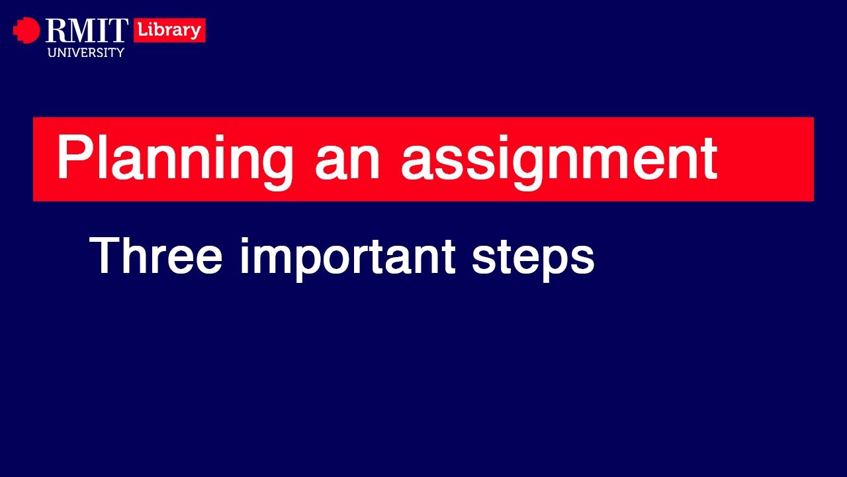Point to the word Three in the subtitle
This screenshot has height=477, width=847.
tap(156, 256)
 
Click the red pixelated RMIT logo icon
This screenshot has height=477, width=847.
tap(26, 30)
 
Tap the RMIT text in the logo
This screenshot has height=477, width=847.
tap(87, 30)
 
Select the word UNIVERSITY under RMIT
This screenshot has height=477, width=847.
tap(86, 52)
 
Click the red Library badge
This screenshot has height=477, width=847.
tap(169, 30)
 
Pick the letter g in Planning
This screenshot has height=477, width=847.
tap(276, 166)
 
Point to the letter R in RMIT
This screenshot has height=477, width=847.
tap(56, 30)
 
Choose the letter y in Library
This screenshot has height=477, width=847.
tap(196, 33)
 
